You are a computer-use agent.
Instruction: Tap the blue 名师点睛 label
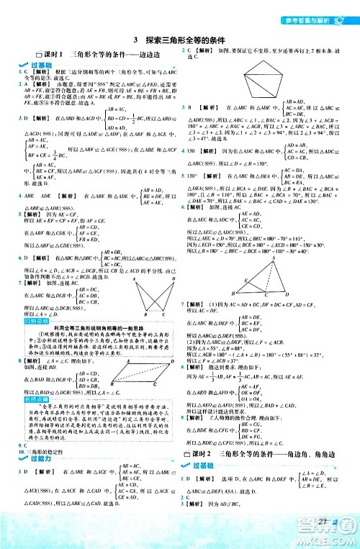[x=30, y=395]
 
